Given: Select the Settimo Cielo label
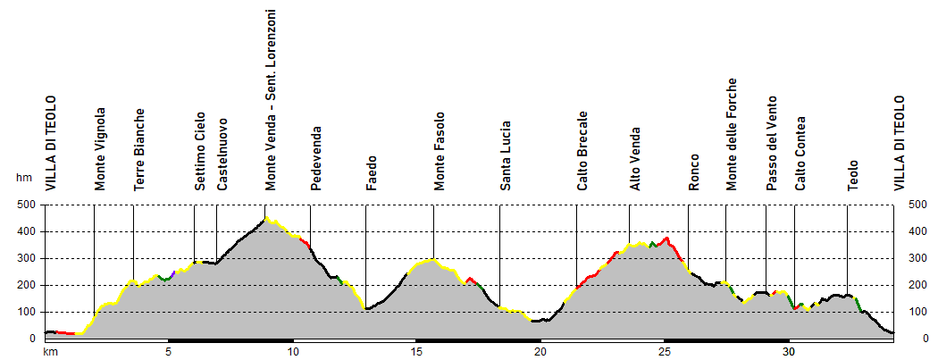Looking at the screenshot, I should point(200,151).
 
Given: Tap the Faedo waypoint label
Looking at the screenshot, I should point(372,173).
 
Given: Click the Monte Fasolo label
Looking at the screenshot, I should point(440,152).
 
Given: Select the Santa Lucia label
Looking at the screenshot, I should point(506,156).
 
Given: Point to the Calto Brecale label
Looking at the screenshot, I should point(582,152).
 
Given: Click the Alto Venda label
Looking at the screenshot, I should point(635,158).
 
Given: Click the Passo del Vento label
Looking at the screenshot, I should point(772,143).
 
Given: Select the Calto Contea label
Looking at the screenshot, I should point(800,153).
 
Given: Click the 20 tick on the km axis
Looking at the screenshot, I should point(540,352).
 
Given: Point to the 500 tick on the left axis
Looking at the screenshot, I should point(28,205).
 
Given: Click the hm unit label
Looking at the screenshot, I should point(24,178).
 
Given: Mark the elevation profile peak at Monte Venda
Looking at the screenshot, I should point(266,217).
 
